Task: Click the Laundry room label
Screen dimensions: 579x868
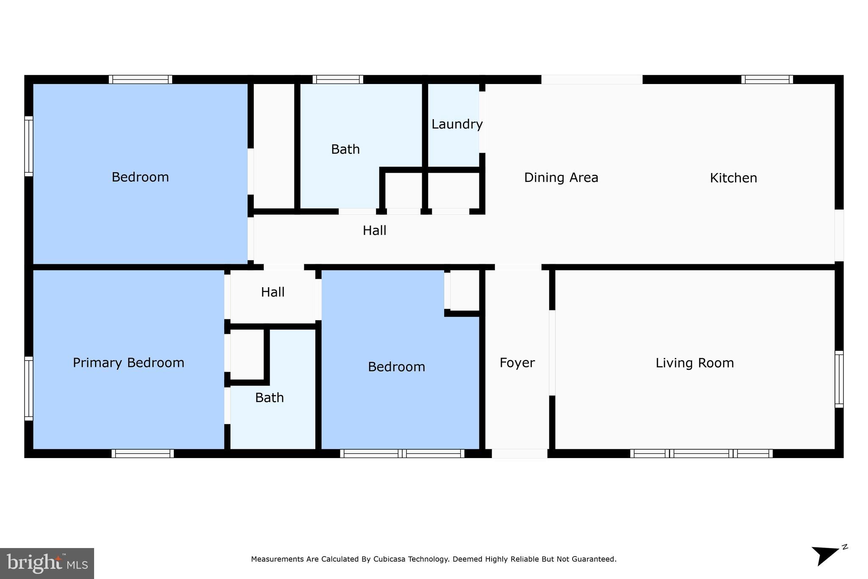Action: tap(456, 124)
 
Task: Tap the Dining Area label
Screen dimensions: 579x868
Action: tap(561, 177)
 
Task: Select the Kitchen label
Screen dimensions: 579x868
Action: tap(733, 178)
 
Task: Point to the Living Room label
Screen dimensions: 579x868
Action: tap(694, 363)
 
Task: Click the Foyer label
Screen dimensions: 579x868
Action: tap(517, 363)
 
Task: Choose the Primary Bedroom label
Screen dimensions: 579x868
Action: tap(128, 363)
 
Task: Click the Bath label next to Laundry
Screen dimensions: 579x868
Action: tap(345, 149)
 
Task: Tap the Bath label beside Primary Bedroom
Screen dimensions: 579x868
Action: tap(269, 398)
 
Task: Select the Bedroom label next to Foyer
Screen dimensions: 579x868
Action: tap(396, 367)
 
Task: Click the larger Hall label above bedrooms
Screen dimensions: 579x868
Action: tap(374, 231)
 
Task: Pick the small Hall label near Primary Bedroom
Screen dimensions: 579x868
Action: tap(273, 292)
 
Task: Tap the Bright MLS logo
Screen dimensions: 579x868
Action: tap(47, 563)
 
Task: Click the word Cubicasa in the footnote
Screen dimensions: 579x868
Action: tap(389, 559)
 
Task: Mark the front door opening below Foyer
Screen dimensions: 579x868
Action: tap(519, 454)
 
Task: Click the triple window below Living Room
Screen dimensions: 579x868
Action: tap(701, 453)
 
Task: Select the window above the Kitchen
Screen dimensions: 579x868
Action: tap(767, 79)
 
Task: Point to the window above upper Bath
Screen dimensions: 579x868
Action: tap(338, 79)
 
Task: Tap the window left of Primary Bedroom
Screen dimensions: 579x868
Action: tap(29, 388)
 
